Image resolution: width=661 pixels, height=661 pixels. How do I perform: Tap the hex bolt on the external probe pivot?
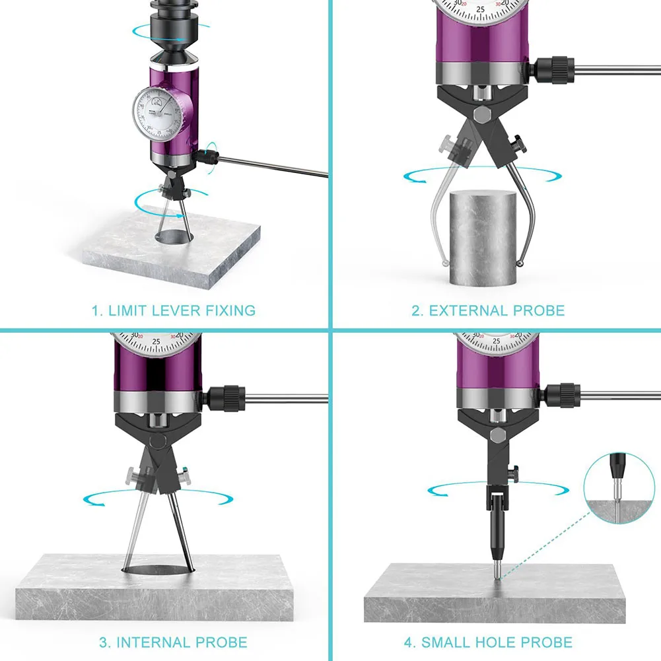coord(483,114)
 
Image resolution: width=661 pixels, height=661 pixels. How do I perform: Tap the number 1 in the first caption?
coord(94,310)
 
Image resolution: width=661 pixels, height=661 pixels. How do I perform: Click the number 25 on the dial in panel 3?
coord(157,343)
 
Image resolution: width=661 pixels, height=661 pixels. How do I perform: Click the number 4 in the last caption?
coord(408,641)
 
